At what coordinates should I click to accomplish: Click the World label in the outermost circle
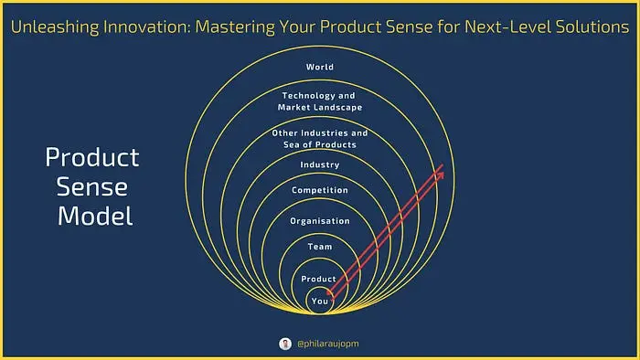pyautogui.click(x=320, y=67)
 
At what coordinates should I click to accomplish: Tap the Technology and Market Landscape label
pyautogui.click(x=320, y=101)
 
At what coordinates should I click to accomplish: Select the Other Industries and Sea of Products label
pyautogui.click(x=320, y=139)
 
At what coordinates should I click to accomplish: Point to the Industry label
pyautogui.click(x=320, y=164)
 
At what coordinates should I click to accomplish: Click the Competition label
pyautogui.click(x=320, y=190)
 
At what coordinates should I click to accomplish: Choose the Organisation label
pyautogui.click(x=320, y=221)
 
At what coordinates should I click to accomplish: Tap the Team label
pyautogui.click(x=320, y=247)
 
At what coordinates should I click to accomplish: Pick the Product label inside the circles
pyautogui.click(x=318, y=279)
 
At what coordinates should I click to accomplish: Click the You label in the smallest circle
pyautogui.click(x=320, y=302)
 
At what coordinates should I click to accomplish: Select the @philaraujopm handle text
pyautogui.click(x=328, y=344)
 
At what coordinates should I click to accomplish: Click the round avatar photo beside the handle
pyautogui.click(x=285, y=344)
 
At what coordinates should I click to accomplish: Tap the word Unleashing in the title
pyautogui.click(x=55, y=26)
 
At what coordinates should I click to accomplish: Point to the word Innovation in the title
pyautogui.click(x=146, y=26)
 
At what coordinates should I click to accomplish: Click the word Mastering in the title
pyautogui.click(x=235, y=27)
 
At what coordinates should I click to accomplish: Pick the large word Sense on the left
pyautogui.click(x=91, y=187)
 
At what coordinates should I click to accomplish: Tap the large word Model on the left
pyautogui.click(x=95, y=216)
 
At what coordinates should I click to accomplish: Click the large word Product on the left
pyautogui.click(x=92, y=157)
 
